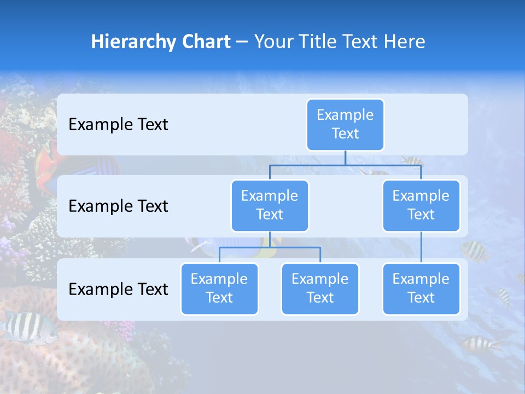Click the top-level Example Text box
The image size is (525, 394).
345,124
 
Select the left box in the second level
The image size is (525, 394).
270,205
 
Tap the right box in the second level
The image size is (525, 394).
421,205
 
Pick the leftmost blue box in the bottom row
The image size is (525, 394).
219,288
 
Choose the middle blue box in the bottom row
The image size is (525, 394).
320,288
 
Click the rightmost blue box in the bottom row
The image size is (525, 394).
421,288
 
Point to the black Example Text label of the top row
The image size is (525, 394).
118,125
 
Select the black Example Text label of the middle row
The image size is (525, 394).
118,206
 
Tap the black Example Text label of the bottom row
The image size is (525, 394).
118,289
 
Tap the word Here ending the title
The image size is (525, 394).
404,42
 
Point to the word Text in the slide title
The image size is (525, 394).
359,42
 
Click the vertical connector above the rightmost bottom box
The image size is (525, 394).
421,247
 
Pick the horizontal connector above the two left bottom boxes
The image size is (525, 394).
270,247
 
